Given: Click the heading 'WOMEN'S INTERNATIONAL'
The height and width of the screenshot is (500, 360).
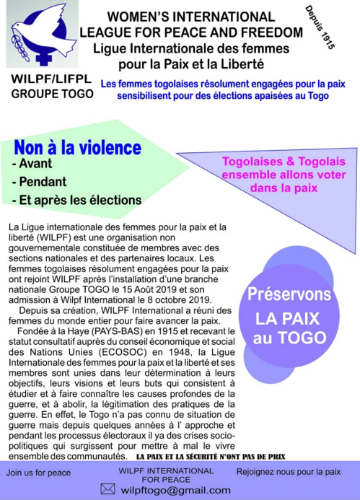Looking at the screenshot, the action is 190,17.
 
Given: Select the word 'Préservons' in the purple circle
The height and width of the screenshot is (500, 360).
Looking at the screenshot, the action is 288,296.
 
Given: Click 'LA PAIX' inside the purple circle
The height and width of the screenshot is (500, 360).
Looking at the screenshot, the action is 288,318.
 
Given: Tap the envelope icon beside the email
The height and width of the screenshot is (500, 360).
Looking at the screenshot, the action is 108,488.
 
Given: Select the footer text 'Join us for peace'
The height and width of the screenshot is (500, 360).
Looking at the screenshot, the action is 40,473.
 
